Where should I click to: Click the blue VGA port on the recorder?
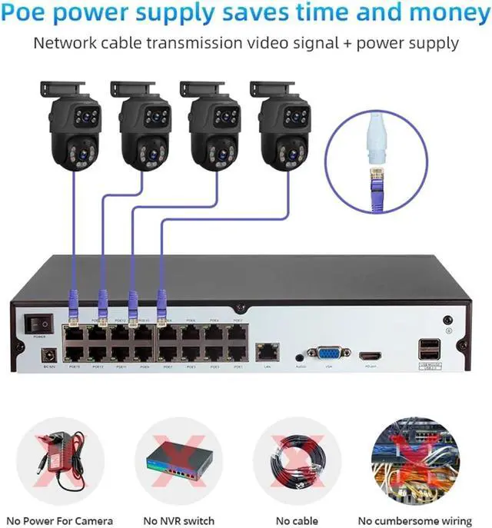tap(327, 354)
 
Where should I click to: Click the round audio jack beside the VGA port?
tap(298, 356)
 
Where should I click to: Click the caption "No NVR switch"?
tap(176, 520)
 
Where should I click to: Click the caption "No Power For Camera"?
tap(61, 520)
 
